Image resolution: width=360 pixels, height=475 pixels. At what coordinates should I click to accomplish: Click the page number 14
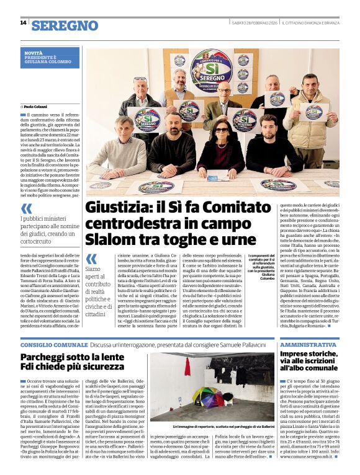(x=23, y=22)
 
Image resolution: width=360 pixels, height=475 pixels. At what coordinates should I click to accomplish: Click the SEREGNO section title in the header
(x=65, y=25)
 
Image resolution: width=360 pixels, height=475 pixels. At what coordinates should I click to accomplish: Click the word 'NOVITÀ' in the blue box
(x=33, y=53)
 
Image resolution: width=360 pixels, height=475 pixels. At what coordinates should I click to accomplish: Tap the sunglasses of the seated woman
(x=222, y=128)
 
